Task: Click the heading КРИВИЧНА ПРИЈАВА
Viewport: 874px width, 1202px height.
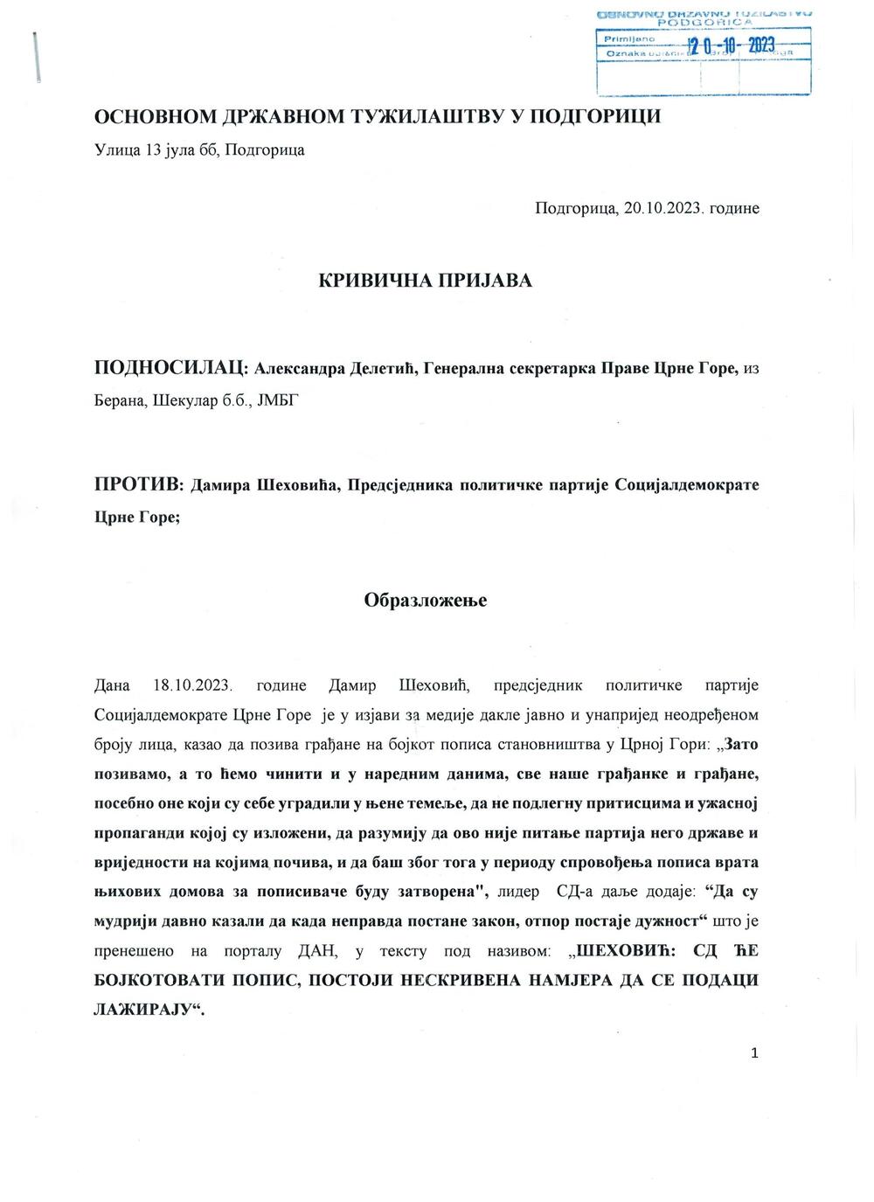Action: (425, 281)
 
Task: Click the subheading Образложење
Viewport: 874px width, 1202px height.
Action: (425, 601)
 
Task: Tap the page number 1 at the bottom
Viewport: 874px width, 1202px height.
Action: (754, 1053)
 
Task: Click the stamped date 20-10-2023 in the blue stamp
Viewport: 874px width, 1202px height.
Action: (731, 47)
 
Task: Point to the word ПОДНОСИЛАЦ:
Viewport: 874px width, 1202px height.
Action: (171, 369)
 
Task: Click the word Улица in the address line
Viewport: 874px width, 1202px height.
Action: (116, 149)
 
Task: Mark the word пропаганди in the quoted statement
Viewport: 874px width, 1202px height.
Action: (139, 834)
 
